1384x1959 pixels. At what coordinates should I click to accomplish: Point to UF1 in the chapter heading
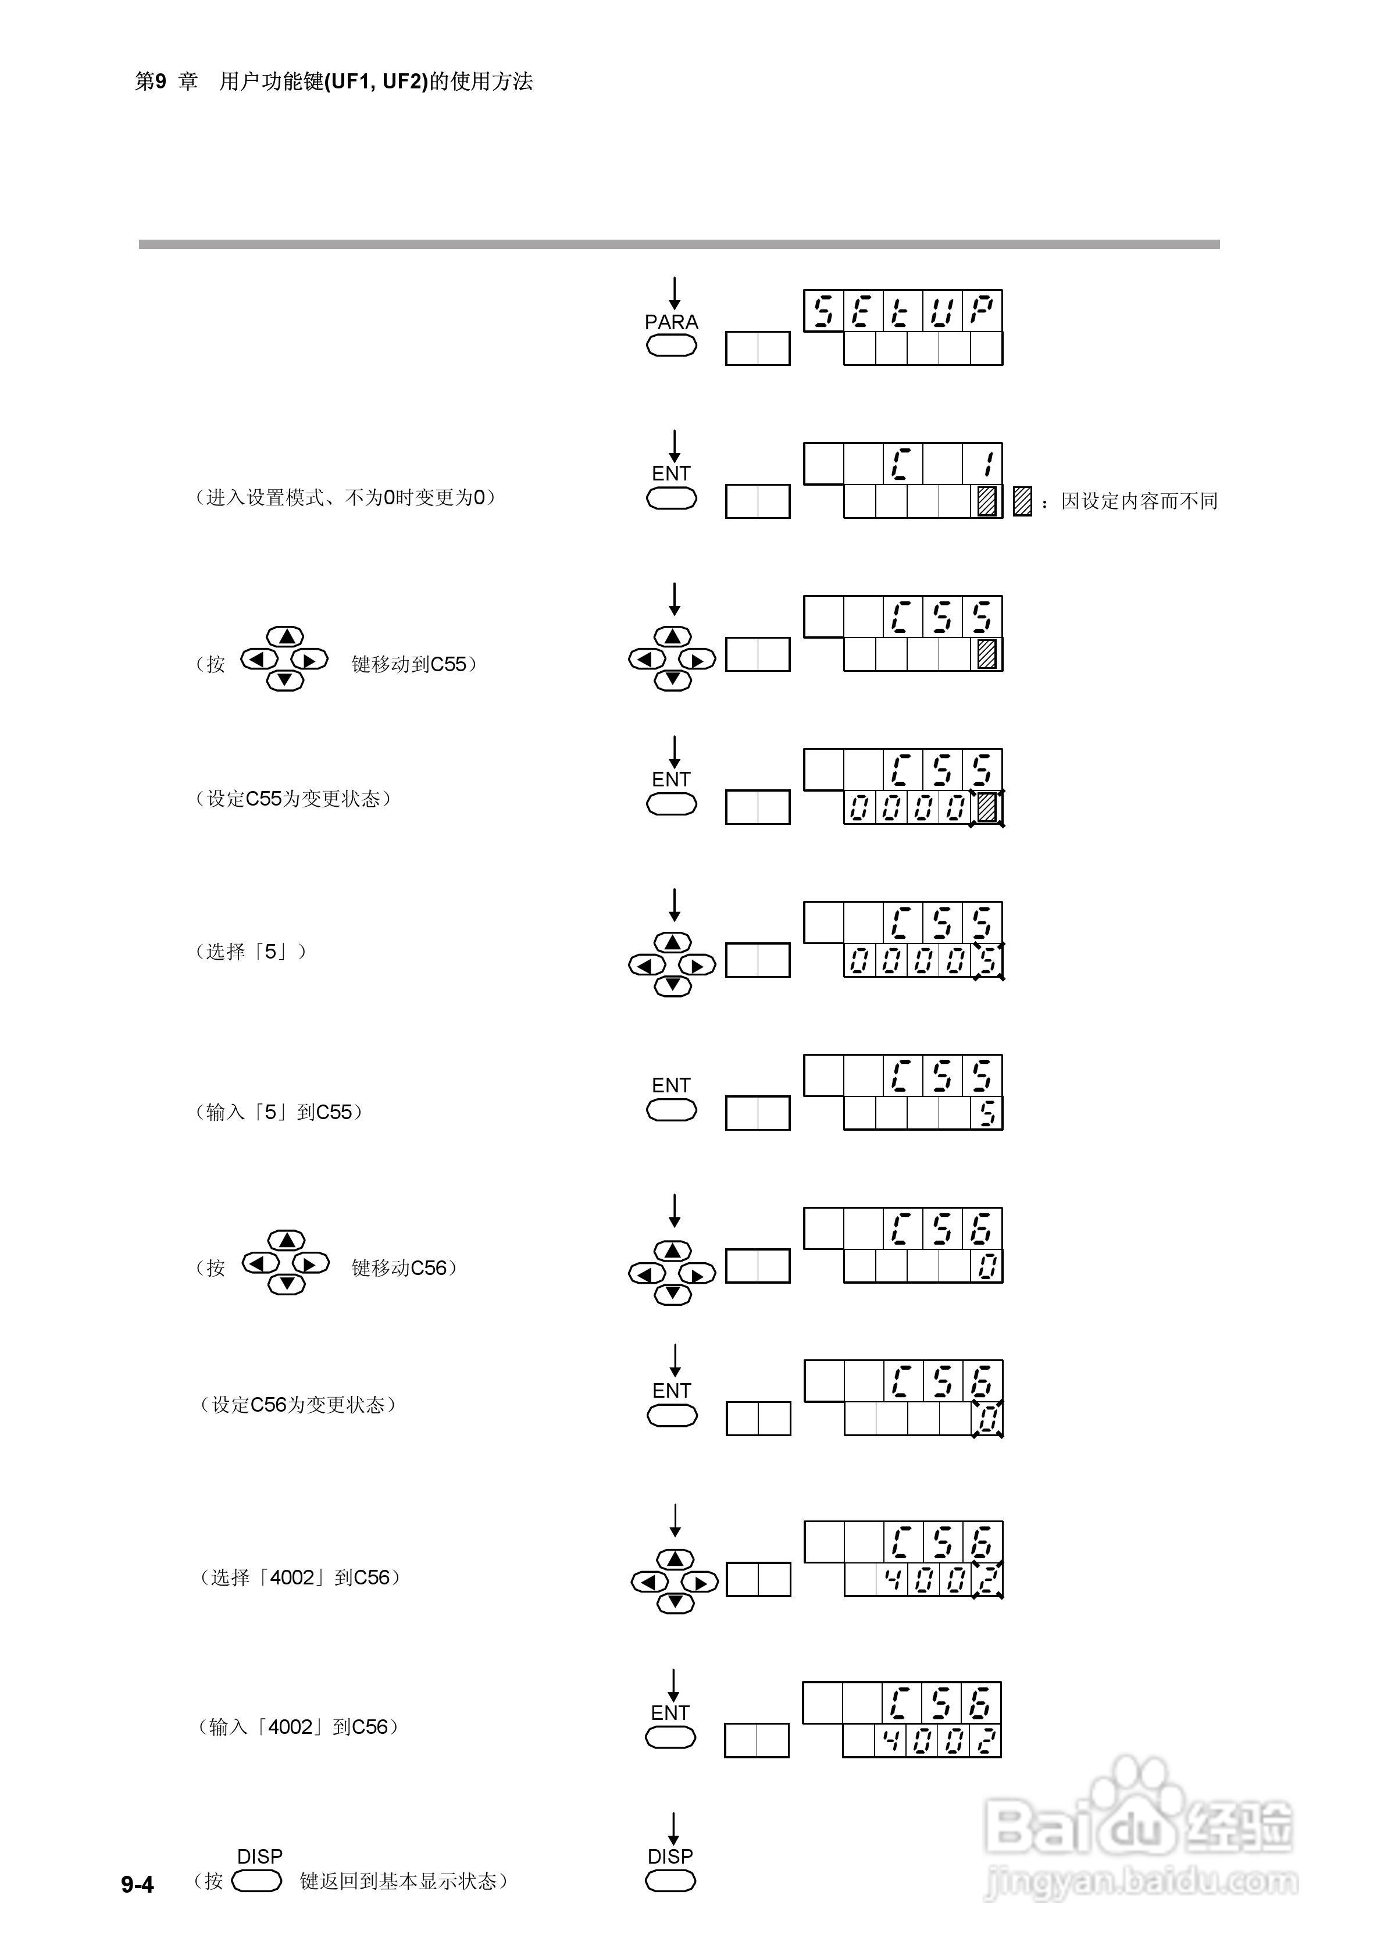[350, 82]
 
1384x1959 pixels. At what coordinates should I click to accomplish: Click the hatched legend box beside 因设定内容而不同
[1021, 501]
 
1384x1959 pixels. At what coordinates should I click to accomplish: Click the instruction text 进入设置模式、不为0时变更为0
[345, 497]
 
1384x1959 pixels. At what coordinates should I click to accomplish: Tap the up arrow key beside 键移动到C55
[285, 636]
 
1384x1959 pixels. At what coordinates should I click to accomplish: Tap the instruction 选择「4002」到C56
[299, 1577]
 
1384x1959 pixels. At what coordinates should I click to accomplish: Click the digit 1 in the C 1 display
[986, 465]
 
